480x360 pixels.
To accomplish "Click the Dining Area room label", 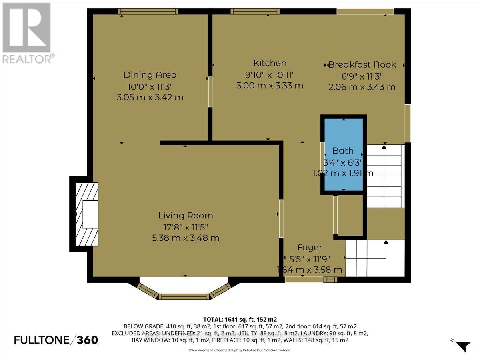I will coord(150,75).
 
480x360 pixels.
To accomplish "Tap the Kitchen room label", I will coord(270,63).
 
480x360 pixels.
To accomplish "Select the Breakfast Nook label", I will coord(362,65).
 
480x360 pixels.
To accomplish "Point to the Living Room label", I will coord(186,216).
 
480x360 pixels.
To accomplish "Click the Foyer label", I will coord(310,248).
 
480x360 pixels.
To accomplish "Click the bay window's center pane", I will coord(184,296).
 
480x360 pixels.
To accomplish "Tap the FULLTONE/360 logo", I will coord(56,340).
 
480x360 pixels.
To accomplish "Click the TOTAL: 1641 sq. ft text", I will coord(240,319).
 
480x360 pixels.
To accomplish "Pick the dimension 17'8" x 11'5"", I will coord(186,227).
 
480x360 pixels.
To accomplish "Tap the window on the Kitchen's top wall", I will coord(251,11).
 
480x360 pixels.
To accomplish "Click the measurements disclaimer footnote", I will coord(240,350).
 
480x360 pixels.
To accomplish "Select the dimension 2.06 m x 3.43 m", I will coord(362,87).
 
